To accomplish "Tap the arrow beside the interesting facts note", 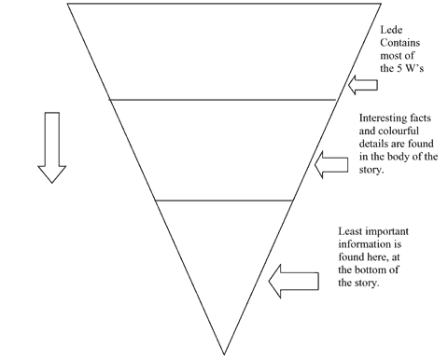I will pos(331,166).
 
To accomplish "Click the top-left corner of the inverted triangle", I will pos(68,6).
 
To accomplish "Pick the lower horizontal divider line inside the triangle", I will pos(224,200).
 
